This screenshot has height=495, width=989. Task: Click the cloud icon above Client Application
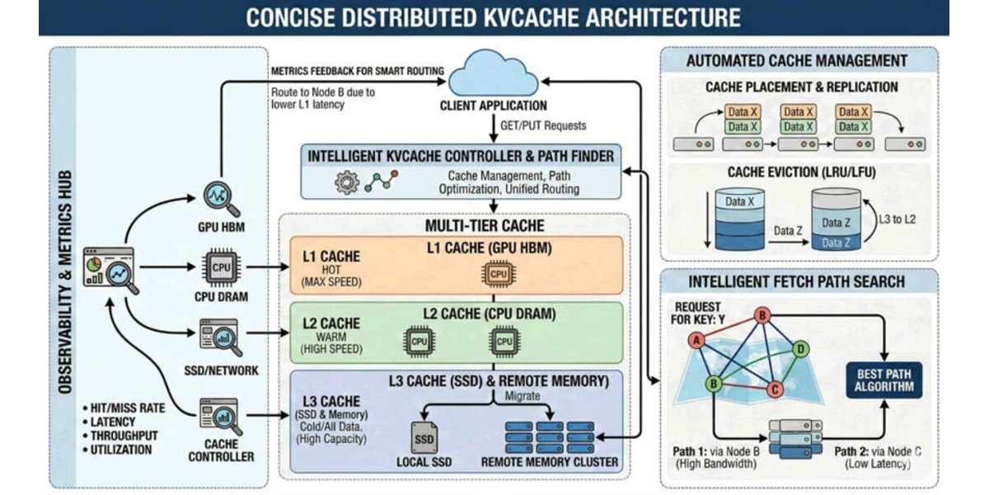493,73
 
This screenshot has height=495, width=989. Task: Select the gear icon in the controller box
347,182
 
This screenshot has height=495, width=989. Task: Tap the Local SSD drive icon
424,437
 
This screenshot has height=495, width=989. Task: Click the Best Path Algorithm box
884,380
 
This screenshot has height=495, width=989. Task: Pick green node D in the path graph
800,350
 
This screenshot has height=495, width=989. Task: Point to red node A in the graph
696,340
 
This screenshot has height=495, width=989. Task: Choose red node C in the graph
775,389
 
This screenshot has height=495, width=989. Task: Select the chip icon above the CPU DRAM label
221,267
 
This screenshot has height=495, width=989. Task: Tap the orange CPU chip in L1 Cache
499,274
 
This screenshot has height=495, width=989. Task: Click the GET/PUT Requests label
543,125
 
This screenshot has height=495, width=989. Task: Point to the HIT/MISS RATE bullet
124,408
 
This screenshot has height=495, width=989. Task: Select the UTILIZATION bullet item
117,450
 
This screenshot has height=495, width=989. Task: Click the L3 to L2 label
898,219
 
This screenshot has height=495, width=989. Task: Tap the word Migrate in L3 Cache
523,395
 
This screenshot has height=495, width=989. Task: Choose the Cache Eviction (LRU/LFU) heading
801,172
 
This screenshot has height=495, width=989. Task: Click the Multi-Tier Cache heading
485,226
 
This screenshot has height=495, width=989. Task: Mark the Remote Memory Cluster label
550,462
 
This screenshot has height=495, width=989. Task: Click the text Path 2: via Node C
878,452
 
